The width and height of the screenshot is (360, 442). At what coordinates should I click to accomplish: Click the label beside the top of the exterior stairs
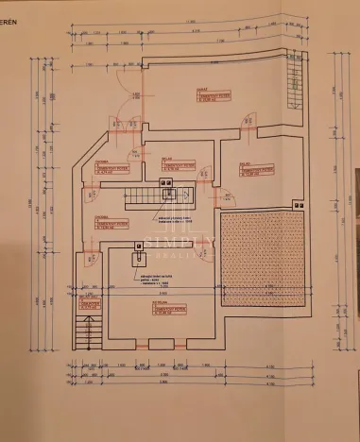tap(89, 304)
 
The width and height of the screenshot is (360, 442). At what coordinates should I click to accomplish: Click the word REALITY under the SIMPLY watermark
tap(179, 266)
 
